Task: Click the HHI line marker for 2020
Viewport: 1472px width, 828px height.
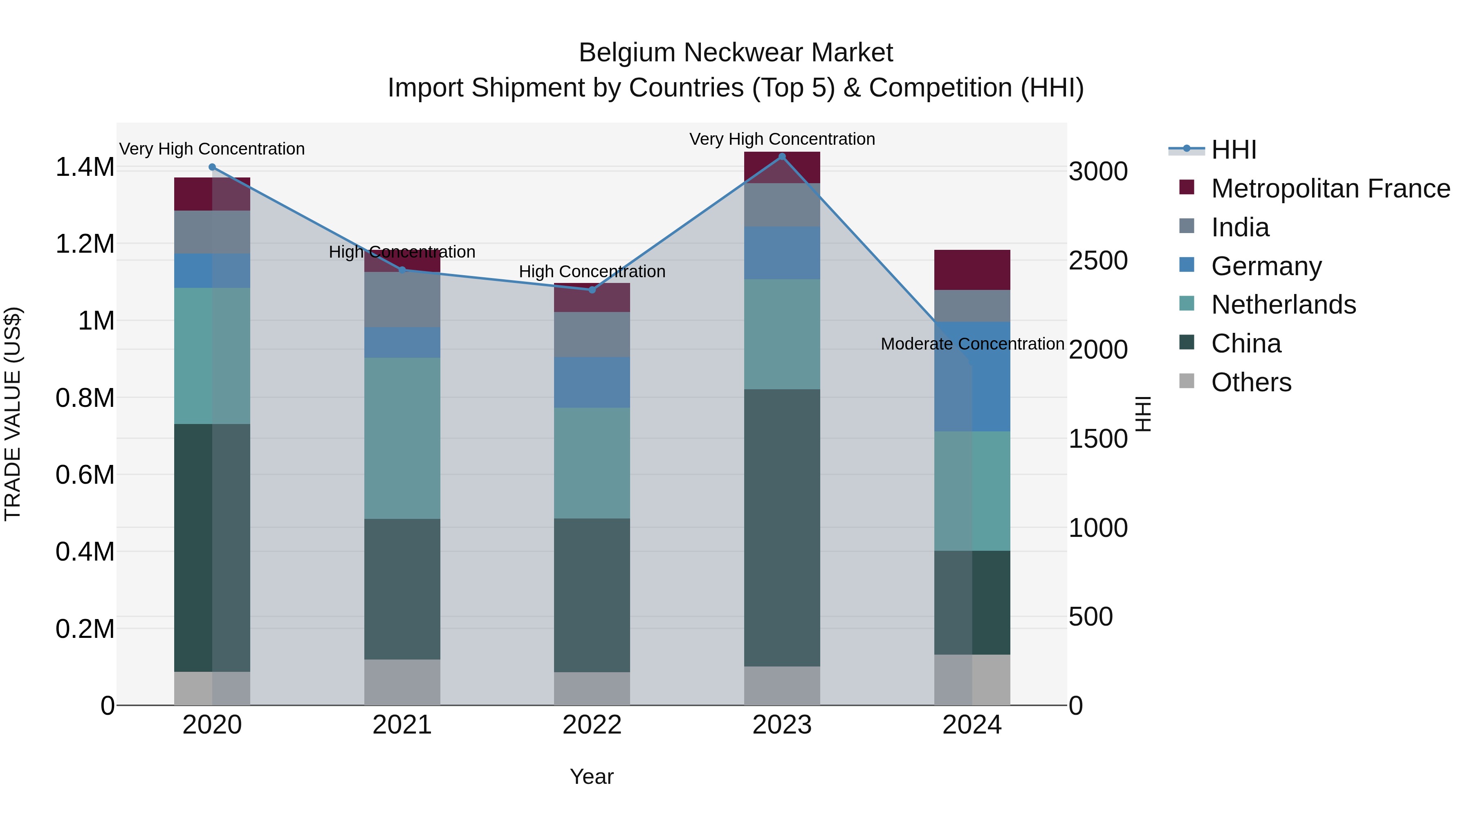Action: point(212,167)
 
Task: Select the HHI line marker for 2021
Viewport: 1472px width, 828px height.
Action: point(402,270)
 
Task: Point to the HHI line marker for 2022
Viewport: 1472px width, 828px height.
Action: point(592,290)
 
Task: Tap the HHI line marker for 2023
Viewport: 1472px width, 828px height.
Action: point(782,157)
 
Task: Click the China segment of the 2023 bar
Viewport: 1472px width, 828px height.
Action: point(782,527)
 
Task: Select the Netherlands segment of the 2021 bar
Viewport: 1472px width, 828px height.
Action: point(402,438)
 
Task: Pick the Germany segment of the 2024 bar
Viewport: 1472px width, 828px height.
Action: point(972,377)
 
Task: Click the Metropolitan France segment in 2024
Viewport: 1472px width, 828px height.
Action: point(972,270)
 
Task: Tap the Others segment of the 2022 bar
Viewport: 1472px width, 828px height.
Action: point(592,689)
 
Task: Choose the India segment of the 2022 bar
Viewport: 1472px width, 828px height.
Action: point(592,334)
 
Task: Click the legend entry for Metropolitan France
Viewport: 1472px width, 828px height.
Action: point(1330,188)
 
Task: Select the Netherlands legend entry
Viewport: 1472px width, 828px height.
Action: point(1284,305)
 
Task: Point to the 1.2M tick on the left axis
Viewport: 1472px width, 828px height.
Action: point(85,244)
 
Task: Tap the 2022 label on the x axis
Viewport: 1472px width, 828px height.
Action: point(592,725)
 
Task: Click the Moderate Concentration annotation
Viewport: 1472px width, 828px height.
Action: point(972,344)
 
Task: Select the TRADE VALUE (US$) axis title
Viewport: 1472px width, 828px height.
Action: point(13,414)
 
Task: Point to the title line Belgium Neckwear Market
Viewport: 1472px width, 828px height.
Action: point(736,53)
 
